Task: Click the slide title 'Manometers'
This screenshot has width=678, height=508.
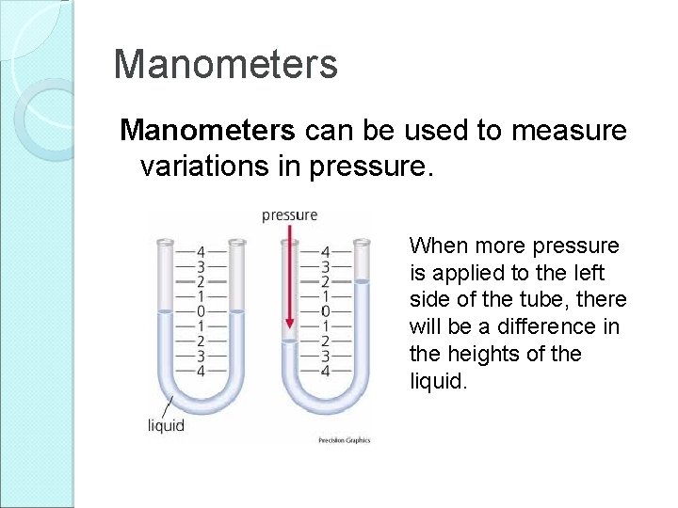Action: (x=224, y=65)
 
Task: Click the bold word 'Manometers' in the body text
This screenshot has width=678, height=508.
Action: (x=204, y=132)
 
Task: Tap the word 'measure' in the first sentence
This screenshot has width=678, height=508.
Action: (x=569, y=132)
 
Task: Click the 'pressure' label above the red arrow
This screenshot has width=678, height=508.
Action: (x=289, y=215)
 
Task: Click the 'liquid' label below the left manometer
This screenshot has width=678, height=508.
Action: (x=166, y=425)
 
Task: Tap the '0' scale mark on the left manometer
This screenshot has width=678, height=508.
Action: (x=200, y=310)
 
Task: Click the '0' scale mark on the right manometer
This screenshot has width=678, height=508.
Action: (x=325, y=310)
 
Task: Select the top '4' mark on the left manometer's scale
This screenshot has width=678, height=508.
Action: (x=200, y=251)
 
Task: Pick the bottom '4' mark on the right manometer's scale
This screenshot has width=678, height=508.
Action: (x=325, y=370)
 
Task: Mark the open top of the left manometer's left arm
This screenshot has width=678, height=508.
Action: (x=166, y=244)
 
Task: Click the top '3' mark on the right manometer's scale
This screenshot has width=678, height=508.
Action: (x=325, y=266)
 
